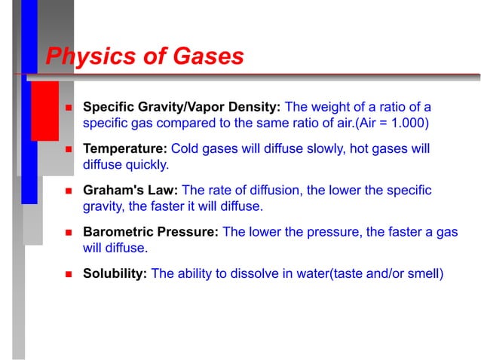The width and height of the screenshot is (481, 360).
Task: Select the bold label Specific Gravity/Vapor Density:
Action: pyautogui.click(x=181, y=106)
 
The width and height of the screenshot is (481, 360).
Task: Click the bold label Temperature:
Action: pyautogui.click(x=125, y=148)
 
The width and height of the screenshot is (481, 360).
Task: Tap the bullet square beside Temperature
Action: pyautogui.click(x=67, y=149)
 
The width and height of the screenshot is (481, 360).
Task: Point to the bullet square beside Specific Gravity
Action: pyautogui.click(x=67, y=107)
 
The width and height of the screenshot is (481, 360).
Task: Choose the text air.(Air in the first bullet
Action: pyautogui.click(x=345, y=121)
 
